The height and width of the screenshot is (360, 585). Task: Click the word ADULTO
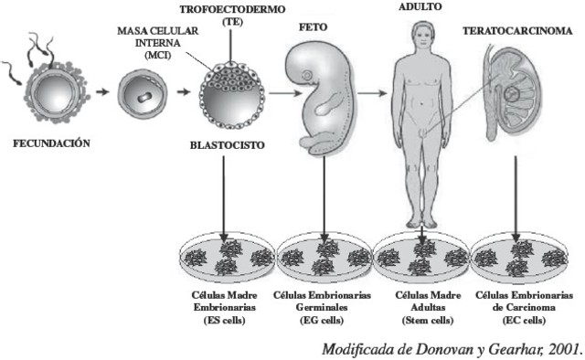pyautogui.click(x=420, y=5)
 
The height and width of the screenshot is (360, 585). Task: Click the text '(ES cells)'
pyautogui.click(x=223, y=320)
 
